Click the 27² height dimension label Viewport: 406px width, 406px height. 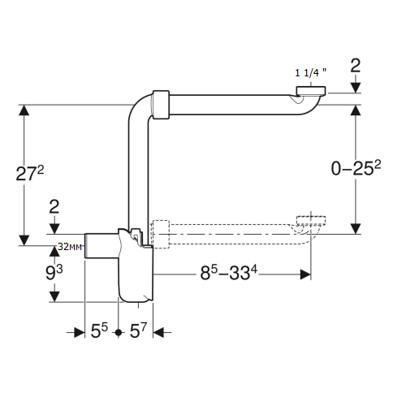30,173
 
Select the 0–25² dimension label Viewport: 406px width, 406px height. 356,168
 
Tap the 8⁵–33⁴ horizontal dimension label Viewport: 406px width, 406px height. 229,272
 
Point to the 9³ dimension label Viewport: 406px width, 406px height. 54,272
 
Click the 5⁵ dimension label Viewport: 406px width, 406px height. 99,330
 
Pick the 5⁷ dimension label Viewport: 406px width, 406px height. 138,330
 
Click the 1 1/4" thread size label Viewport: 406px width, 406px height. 310,72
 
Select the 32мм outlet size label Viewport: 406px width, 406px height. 70,247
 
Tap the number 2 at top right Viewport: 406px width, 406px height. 356,65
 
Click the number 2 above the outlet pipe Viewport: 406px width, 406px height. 54,207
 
